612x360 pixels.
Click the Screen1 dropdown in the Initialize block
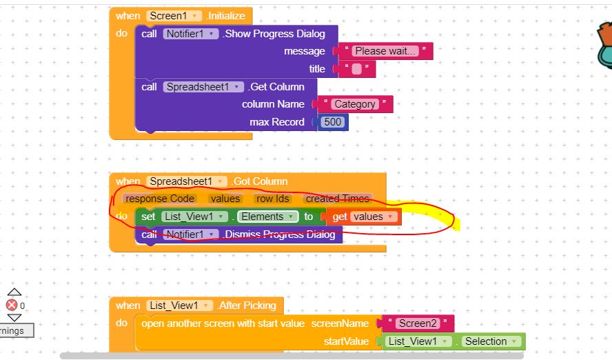(x=174, y=16)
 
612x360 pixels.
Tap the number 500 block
(x=332, y=122)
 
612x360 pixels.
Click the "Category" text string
(x=355, y=104)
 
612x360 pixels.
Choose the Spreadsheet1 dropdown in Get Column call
(x=203, y=87)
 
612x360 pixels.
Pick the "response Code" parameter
(x=160, y=199)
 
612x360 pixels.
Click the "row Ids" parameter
(x=272, y=199)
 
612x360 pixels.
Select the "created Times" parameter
(x=337, y=199)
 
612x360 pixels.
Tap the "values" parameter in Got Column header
(x=225, y=199)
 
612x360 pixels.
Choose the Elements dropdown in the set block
(x=268, y=217)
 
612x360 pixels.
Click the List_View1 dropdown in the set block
(x=194, y=217)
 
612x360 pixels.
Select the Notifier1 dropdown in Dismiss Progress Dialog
(x=191, y=234)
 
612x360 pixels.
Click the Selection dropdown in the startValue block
(x=490, y=341)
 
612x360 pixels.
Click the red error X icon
(x=12, y=305)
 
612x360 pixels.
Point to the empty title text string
(x=356, y=69)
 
